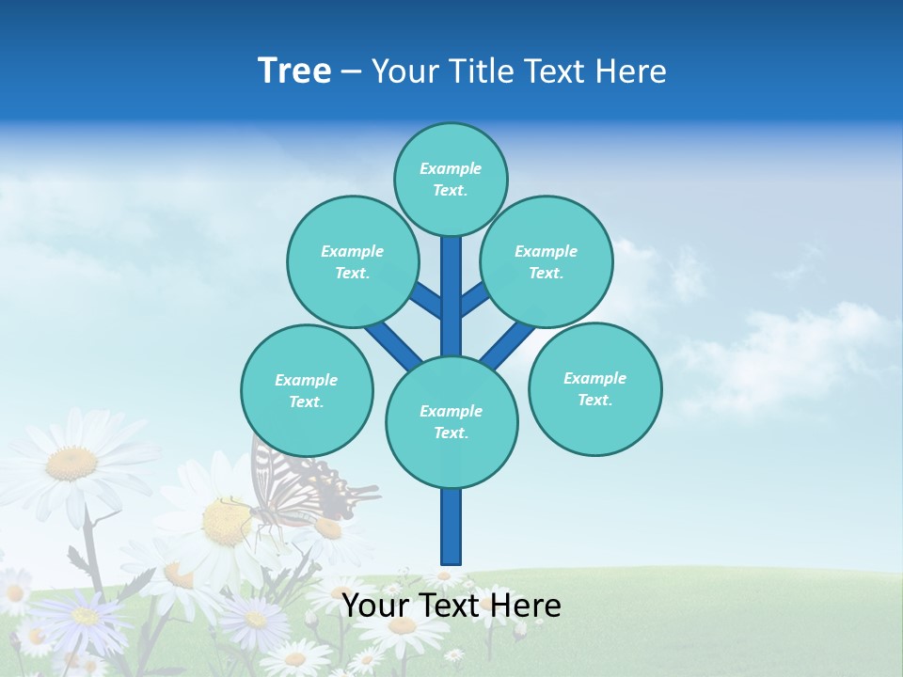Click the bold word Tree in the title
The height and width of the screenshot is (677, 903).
click(294, 71)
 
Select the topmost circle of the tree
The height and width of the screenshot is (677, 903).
click(451, 179)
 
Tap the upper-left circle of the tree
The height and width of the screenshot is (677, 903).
click(353, 261)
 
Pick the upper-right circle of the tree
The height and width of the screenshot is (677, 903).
click(547, 261)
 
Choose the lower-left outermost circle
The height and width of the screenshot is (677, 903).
click(307, 390)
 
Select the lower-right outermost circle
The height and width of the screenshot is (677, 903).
click(595, 388)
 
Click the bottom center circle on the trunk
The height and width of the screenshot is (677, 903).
click(451, 422)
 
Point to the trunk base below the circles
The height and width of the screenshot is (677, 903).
click(451, 527)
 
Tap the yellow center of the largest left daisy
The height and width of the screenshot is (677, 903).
click(72, 463)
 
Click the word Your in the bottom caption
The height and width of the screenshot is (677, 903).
click(376, 606)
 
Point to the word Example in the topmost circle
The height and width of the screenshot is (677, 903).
click(451, 168)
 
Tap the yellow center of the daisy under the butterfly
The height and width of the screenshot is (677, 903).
click(226, 522)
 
